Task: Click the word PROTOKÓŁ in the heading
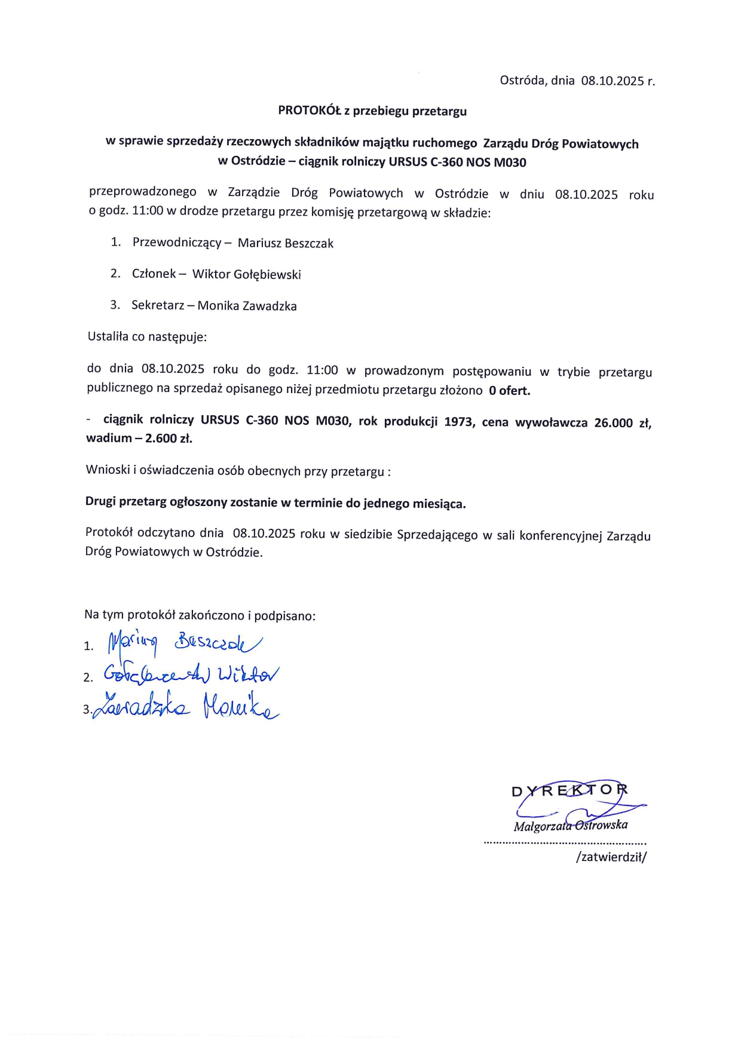point(309,111)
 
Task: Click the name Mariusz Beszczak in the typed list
point(286,243)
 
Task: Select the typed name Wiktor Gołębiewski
point(246,274)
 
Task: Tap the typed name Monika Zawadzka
point(247,306)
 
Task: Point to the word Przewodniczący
point(177,243)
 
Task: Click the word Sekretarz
point(158,305)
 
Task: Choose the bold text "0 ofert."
point(509,391)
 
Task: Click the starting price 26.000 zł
point(622,423)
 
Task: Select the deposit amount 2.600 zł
point(169,438)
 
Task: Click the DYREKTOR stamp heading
point(569,790)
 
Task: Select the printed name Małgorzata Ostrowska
point(570,826)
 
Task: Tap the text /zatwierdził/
point(611,857)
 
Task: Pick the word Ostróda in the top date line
point(522,80)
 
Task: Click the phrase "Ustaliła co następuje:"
point(147,336)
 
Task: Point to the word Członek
point(154,274)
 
